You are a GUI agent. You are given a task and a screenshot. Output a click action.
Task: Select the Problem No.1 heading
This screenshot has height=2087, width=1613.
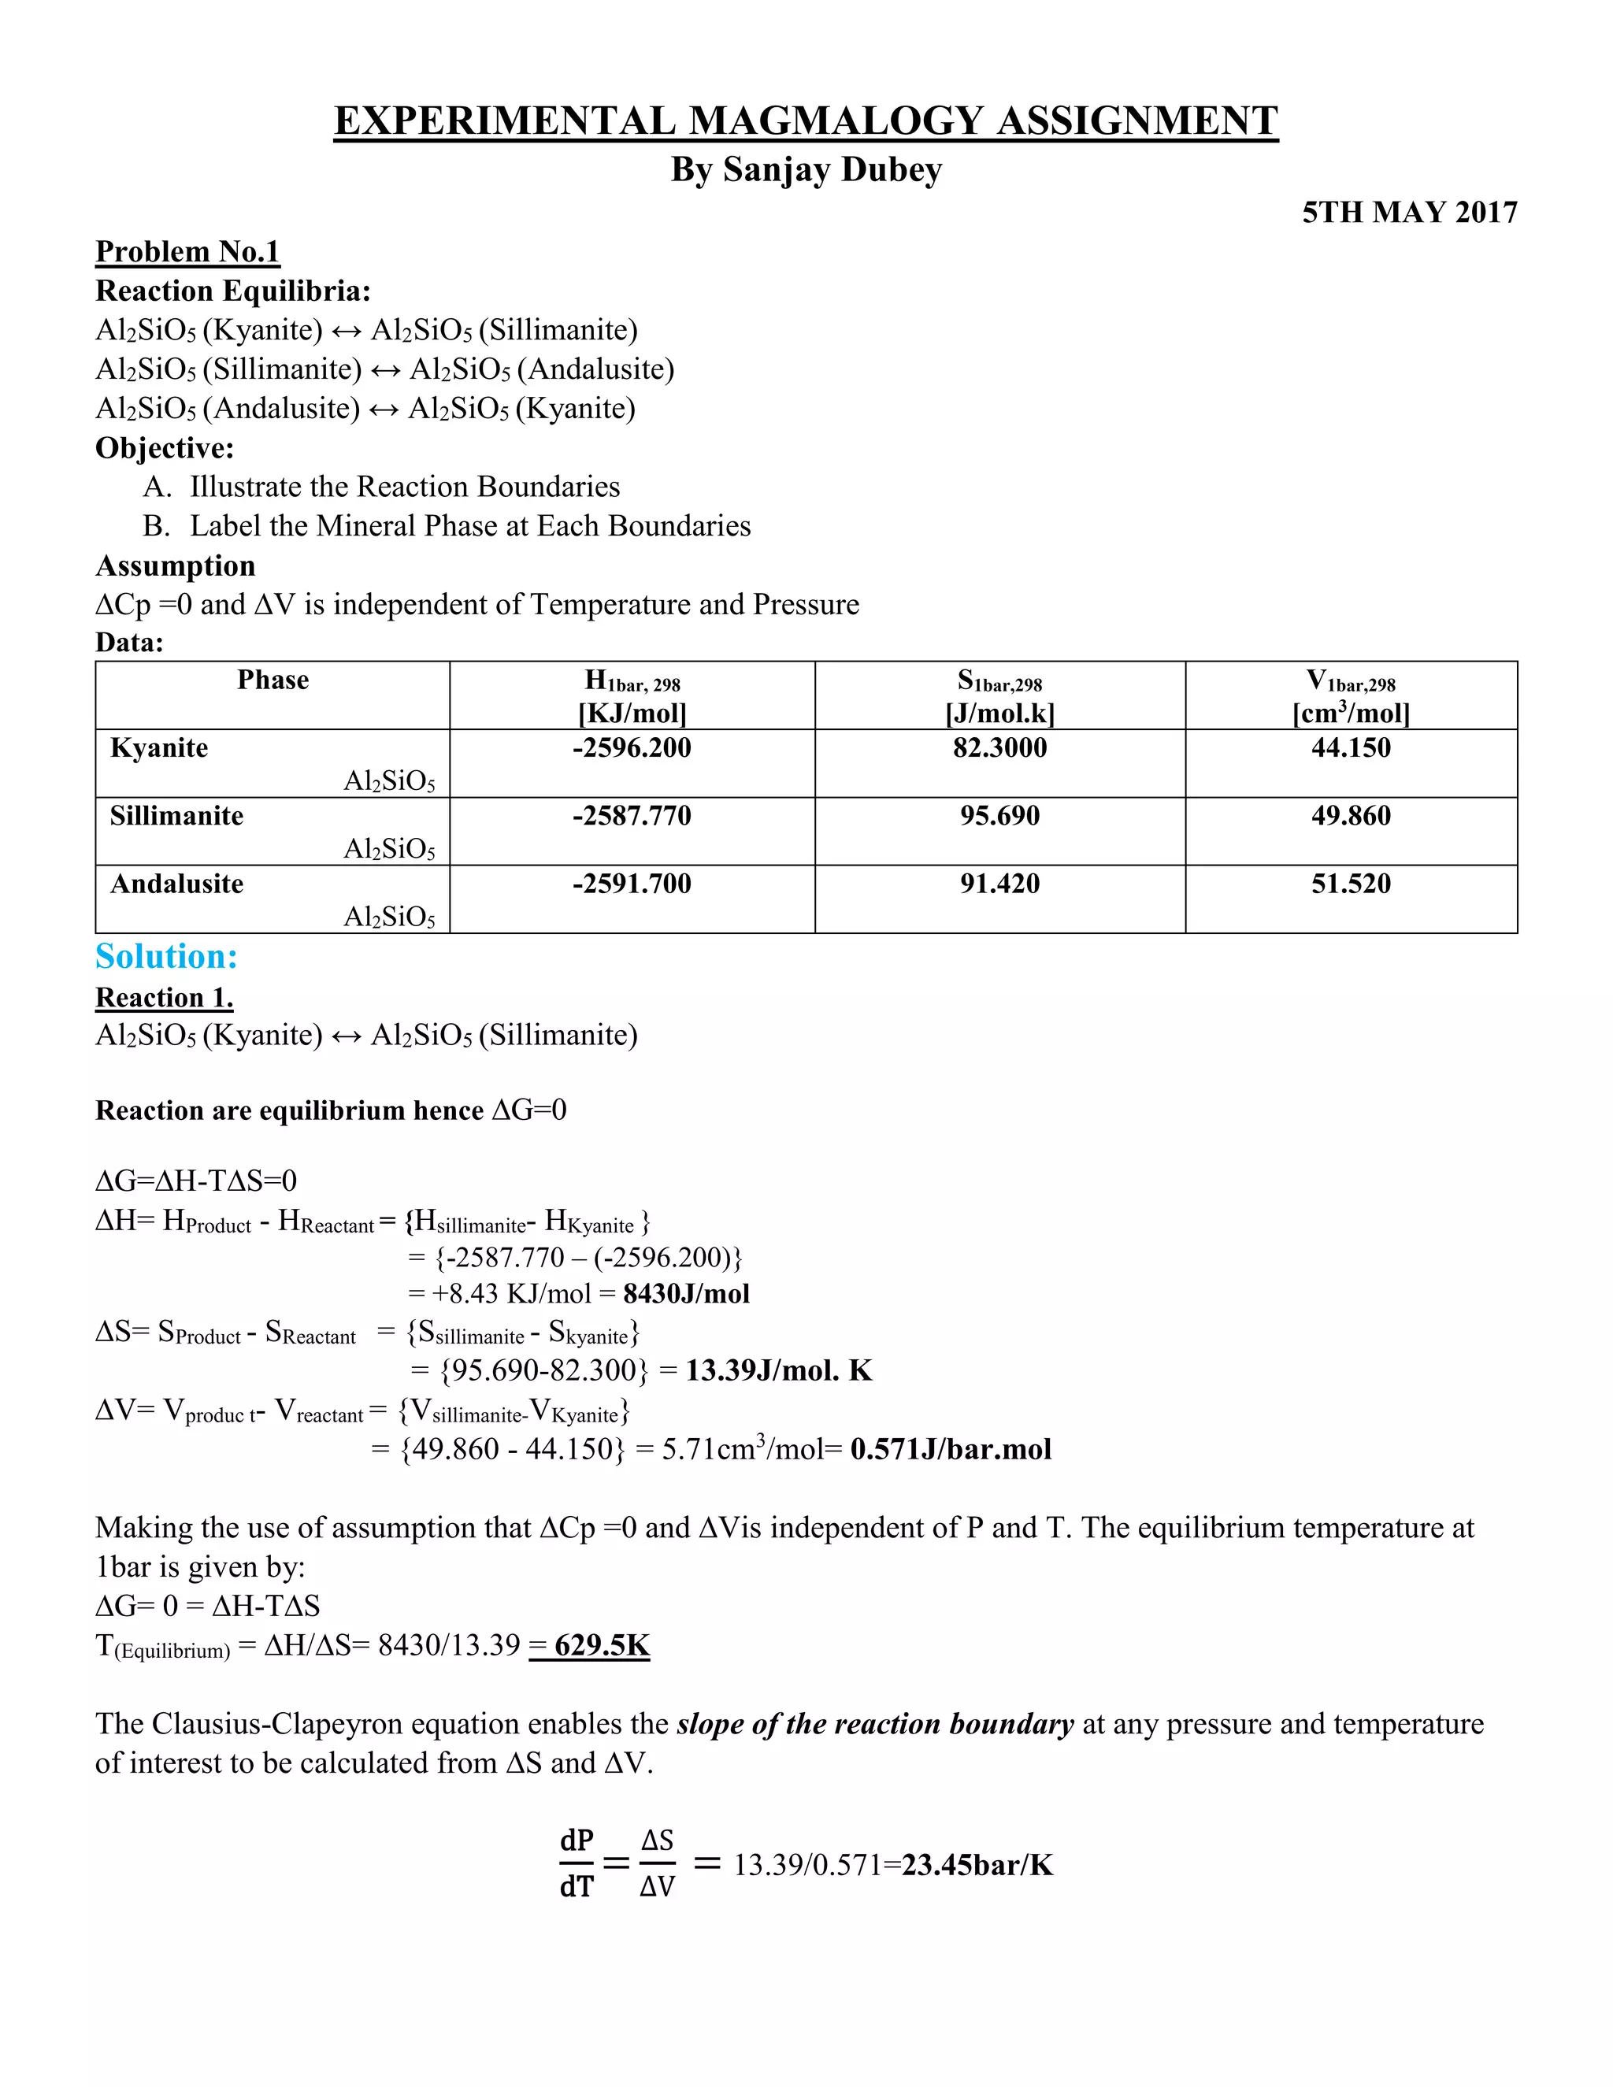click(x=187, y=251)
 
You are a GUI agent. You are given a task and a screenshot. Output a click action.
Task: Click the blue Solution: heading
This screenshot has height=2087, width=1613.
click(x=166, y=957)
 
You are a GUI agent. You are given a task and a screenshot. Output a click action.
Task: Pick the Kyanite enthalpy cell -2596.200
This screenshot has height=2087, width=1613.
click(x=632, y=747)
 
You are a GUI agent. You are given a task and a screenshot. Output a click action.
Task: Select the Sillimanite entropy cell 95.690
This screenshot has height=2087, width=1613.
click(x=999, y=815)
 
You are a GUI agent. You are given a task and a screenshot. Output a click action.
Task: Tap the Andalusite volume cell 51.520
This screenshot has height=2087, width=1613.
click(x=1350, y=883)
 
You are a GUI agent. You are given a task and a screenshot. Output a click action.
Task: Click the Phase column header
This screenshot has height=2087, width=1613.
click(x=273, y=680)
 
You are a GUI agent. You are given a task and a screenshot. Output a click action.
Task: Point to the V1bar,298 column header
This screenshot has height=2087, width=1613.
click(x=1350, y=682)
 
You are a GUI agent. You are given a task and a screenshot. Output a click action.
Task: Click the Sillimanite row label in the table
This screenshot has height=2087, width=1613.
click(x=176, y=815)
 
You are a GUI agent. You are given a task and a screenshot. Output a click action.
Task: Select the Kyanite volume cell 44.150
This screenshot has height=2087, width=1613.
click(x=1350, y=747)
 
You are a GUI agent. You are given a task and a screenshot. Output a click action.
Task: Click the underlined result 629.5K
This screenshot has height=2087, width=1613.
click(x=601, y=1644)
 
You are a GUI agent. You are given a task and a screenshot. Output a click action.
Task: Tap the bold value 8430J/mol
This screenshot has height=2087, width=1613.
click(x=686, y=1294)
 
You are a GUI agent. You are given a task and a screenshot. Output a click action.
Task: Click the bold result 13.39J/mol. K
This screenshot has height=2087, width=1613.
click(x=778, y=1370)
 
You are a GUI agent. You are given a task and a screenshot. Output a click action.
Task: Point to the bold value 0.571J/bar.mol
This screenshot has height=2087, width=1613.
click(x=950, y=1448)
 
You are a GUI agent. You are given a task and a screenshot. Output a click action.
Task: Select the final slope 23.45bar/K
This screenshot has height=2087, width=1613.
click(x=977, y=1864)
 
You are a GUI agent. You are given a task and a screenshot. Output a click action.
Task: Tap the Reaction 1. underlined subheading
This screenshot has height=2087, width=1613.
click(x=165, y=998)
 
